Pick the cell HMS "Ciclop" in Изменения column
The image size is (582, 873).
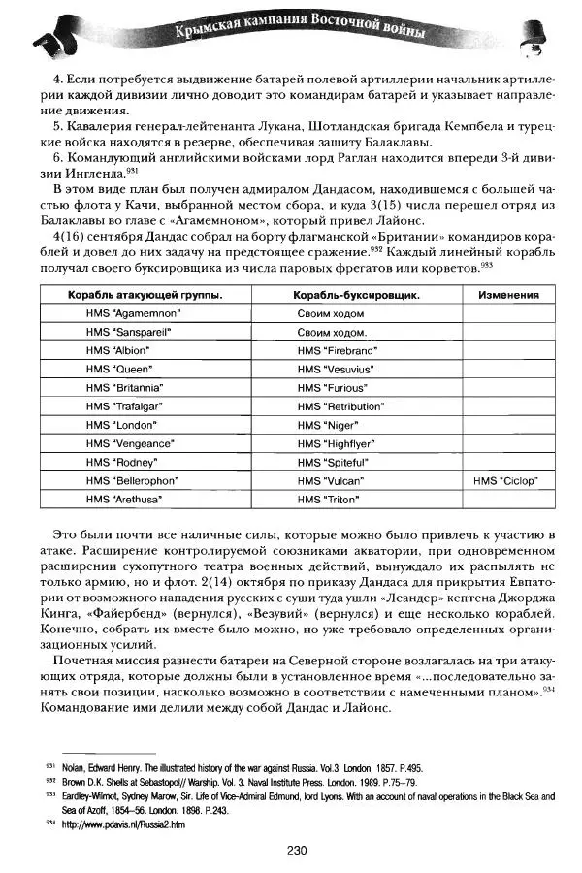coord(505,480)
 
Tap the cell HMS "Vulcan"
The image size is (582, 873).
coord(330,480)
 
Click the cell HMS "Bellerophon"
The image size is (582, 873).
coord(127,480)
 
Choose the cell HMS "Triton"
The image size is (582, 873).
coord(328,499)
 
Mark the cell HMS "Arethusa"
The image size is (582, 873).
coord(122,499)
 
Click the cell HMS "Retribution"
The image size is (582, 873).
coord(340,405)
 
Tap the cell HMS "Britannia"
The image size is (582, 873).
coord(120,387)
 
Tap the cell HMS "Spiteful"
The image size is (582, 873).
coord(333,462)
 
